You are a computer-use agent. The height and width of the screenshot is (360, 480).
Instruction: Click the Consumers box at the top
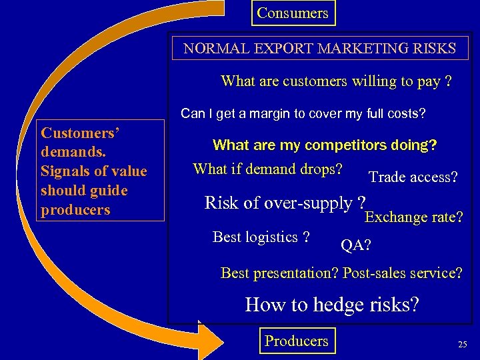293,13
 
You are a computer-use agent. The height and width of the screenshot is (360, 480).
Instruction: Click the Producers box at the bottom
296,341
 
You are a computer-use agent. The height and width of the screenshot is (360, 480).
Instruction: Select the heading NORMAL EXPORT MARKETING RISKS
320,49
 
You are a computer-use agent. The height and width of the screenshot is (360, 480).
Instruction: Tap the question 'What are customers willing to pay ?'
336,81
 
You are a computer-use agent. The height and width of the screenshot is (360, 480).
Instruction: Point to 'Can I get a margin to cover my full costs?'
303,114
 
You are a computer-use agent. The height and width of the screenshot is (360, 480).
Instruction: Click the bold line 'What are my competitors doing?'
325,145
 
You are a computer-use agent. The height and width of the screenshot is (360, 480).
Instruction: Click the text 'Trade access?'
413,177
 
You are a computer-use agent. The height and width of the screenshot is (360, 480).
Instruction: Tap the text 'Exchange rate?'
414,217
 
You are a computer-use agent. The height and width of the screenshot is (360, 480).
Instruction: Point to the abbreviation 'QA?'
356,245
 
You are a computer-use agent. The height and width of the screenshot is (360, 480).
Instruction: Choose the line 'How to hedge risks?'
332,305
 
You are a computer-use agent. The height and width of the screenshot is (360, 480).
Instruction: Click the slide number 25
462,345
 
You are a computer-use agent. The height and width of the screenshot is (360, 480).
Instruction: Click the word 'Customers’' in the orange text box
80,133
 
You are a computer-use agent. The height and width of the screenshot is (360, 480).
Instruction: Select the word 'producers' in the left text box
75,209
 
